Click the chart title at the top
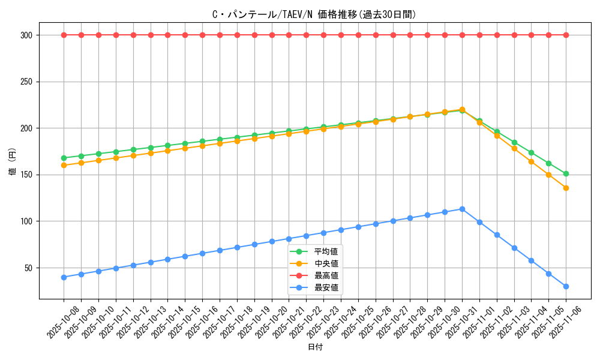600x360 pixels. coord(314,14)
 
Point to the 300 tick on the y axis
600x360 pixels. coord(26,35)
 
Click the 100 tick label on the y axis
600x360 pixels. coord(26,221)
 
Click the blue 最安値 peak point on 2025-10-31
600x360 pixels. coord(462,209)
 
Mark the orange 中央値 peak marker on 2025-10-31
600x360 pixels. coord(462,110)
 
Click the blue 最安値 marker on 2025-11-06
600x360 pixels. coord(566,286)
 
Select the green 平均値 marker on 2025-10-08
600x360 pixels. coord(64,158)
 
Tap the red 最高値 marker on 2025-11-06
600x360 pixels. coord(566,35)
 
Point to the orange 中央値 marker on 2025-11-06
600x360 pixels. coord(566,188)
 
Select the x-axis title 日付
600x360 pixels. coord(315,347)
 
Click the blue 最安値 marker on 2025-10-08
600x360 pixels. coord(64,277)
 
